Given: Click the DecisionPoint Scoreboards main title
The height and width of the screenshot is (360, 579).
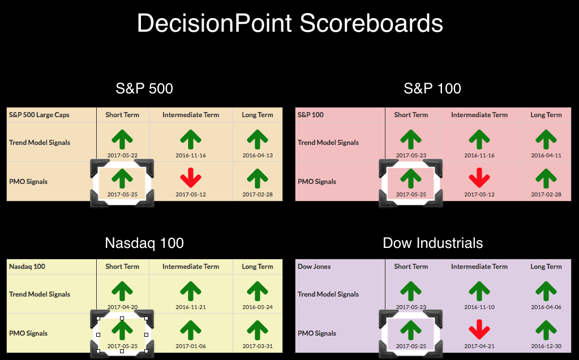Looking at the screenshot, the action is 290,23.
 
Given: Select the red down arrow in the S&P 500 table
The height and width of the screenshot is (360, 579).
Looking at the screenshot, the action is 191,178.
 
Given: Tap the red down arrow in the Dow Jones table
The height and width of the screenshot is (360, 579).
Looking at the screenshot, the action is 479,329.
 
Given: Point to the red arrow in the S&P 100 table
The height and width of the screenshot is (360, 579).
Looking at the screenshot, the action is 479,178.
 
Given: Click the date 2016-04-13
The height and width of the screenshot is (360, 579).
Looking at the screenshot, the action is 258,156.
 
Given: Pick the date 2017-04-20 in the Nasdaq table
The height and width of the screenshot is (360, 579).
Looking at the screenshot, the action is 122,307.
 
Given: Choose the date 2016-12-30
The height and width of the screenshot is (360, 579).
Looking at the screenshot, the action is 546,346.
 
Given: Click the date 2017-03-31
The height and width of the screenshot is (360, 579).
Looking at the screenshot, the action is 258,346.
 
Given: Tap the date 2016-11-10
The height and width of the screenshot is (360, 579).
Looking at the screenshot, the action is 479,307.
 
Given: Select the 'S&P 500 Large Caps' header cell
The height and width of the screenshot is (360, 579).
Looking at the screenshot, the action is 39,115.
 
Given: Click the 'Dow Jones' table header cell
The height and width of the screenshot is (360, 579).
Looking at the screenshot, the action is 314,267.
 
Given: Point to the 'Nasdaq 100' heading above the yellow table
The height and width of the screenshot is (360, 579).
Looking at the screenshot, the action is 144,243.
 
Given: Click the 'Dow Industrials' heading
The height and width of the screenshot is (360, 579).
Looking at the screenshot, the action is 433,243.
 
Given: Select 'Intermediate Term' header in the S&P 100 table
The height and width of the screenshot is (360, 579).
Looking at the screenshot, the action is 479,115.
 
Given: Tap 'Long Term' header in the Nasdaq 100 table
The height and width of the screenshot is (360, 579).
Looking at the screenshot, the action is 258,267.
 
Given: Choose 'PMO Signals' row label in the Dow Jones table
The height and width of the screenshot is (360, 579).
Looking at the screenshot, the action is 317,333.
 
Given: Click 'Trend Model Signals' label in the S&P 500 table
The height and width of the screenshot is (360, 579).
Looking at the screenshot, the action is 40,143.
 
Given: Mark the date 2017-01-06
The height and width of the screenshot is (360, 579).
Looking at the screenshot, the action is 191,346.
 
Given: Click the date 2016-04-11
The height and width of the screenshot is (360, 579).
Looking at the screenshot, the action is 546,156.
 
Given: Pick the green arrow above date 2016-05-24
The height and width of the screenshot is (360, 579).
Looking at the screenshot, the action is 258,292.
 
